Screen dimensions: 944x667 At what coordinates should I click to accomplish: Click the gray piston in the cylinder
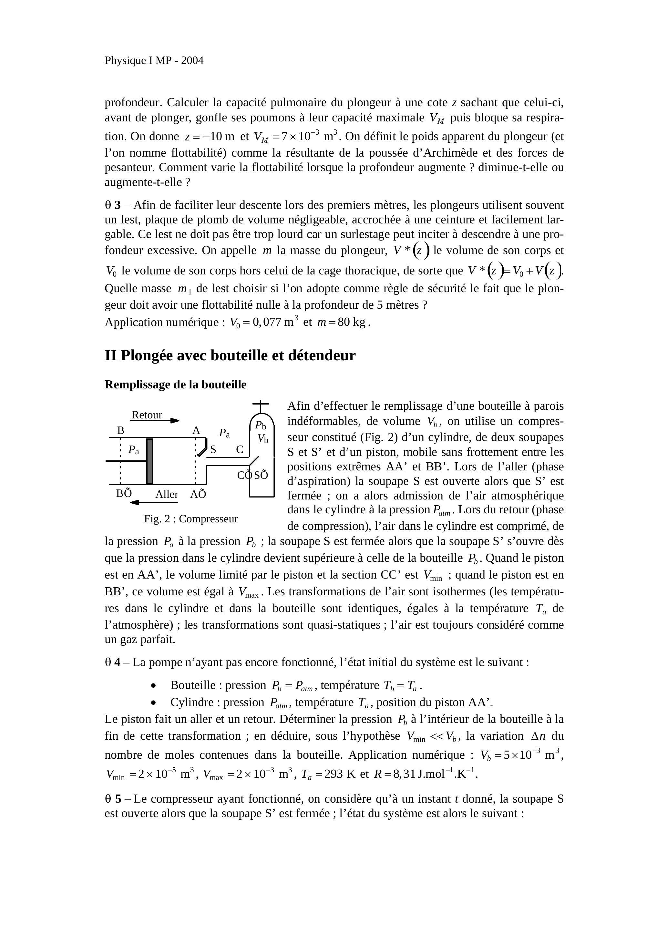click(150, 461)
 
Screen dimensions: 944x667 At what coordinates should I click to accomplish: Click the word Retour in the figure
click(147, 415)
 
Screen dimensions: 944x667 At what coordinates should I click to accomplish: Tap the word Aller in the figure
click(167, 494)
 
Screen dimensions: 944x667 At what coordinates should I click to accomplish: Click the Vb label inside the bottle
click(263, 439)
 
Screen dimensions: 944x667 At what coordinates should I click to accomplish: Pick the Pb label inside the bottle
click(260, 425)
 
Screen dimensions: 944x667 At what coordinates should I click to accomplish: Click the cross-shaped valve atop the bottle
click(260, 405)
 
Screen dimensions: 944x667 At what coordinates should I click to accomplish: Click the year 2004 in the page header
click(192, 60)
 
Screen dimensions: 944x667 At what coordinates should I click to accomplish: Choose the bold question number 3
click(118, 205)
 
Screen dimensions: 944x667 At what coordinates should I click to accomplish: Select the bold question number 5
click(118, 799)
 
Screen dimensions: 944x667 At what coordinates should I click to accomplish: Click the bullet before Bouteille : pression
click(153, 685)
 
